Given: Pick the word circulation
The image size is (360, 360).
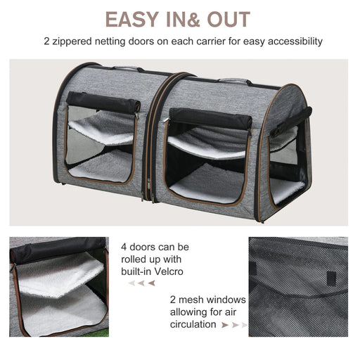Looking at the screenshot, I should click(193, 324).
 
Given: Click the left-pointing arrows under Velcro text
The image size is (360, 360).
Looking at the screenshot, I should click(141, 283).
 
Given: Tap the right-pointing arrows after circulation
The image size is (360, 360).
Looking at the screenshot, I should click(235, 325).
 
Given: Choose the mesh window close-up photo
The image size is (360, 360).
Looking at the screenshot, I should click(297, 286).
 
